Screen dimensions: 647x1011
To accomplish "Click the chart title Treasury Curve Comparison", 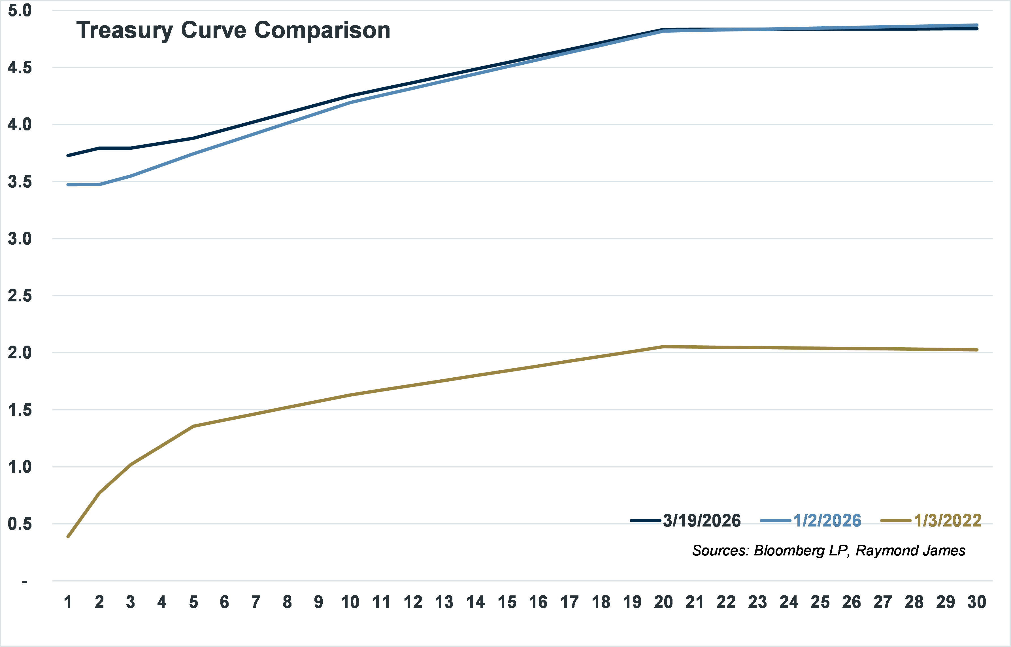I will point(233,30).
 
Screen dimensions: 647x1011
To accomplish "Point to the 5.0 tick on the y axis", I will point(20,10).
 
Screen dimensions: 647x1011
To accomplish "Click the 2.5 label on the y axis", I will point(20,296).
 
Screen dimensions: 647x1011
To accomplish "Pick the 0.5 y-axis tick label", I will point(20,524).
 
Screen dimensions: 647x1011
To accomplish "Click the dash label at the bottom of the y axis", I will point(25,582).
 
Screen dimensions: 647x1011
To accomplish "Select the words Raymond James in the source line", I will point(910,550).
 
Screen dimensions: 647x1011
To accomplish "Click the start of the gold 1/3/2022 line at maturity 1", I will point(68,536).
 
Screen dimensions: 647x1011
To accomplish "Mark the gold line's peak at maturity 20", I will point(663,346).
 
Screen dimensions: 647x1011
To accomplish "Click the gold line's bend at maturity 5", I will point(193,426).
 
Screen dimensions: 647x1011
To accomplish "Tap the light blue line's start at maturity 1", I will point(68,185).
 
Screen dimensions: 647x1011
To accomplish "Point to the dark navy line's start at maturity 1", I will point(68,155).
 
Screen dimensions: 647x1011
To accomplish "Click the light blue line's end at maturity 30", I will point(976,25).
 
